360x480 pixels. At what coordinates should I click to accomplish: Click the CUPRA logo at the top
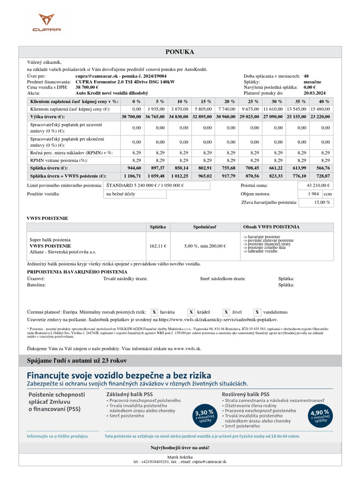[46, 23]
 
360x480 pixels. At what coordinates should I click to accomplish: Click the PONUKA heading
[180, 52]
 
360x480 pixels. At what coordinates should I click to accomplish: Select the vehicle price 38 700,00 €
[87, 87]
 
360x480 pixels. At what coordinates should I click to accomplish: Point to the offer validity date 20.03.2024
[315, 93]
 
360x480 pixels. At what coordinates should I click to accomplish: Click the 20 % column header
[230, 101]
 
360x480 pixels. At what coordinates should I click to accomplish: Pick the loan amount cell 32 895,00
[203, 116]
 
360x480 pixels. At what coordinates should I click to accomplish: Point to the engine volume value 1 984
[313, 194]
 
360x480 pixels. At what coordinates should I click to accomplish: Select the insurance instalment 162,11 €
[157, 246]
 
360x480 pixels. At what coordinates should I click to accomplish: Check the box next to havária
[155, 312]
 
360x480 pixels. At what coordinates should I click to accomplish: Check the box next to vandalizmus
[258, 312]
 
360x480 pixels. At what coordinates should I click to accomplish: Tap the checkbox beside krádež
[191, 312]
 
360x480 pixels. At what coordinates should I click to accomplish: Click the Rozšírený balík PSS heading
[246, 394]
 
